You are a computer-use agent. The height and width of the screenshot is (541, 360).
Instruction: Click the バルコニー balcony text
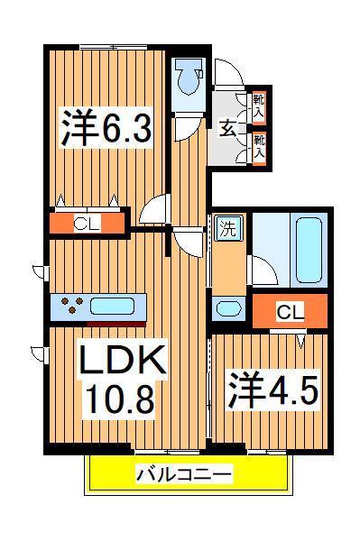(185, 473)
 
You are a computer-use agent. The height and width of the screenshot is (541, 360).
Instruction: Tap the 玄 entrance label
(226, 127)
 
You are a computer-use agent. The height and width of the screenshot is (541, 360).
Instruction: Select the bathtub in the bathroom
(309, 249)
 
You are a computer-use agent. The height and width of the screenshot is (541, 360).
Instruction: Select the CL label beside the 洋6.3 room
(87, 223)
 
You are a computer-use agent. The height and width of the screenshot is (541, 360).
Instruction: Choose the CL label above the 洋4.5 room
(289, 313)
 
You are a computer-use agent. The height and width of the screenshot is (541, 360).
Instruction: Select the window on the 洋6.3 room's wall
(113, 46)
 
